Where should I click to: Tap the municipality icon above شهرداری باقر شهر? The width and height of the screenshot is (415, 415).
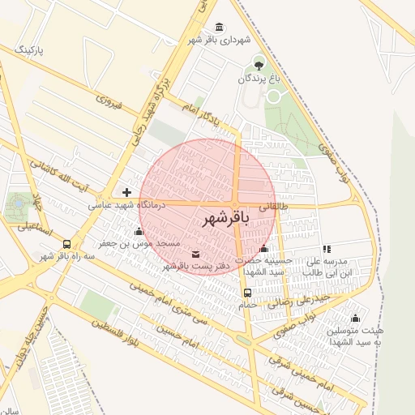point(221,26)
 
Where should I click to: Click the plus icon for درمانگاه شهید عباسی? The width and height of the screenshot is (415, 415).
point(126,192)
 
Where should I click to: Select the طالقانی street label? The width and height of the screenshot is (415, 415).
point(272,207)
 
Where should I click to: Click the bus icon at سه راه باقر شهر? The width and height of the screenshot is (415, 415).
point(66,243)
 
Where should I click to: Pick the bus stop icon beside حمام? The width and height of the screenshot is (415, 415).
point(247,293)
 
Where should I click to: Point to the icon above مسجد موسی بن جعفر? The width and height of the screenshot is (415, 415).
point(139,232)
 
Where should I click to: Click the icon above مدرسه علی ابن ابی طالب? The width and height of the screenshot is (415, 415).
point(327,250)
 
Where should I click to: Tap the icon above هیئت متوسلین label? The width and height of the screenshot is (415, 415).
point(355,318)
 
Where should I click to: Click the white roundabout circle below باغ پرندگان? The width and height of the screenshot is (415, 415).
point(273,96)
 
